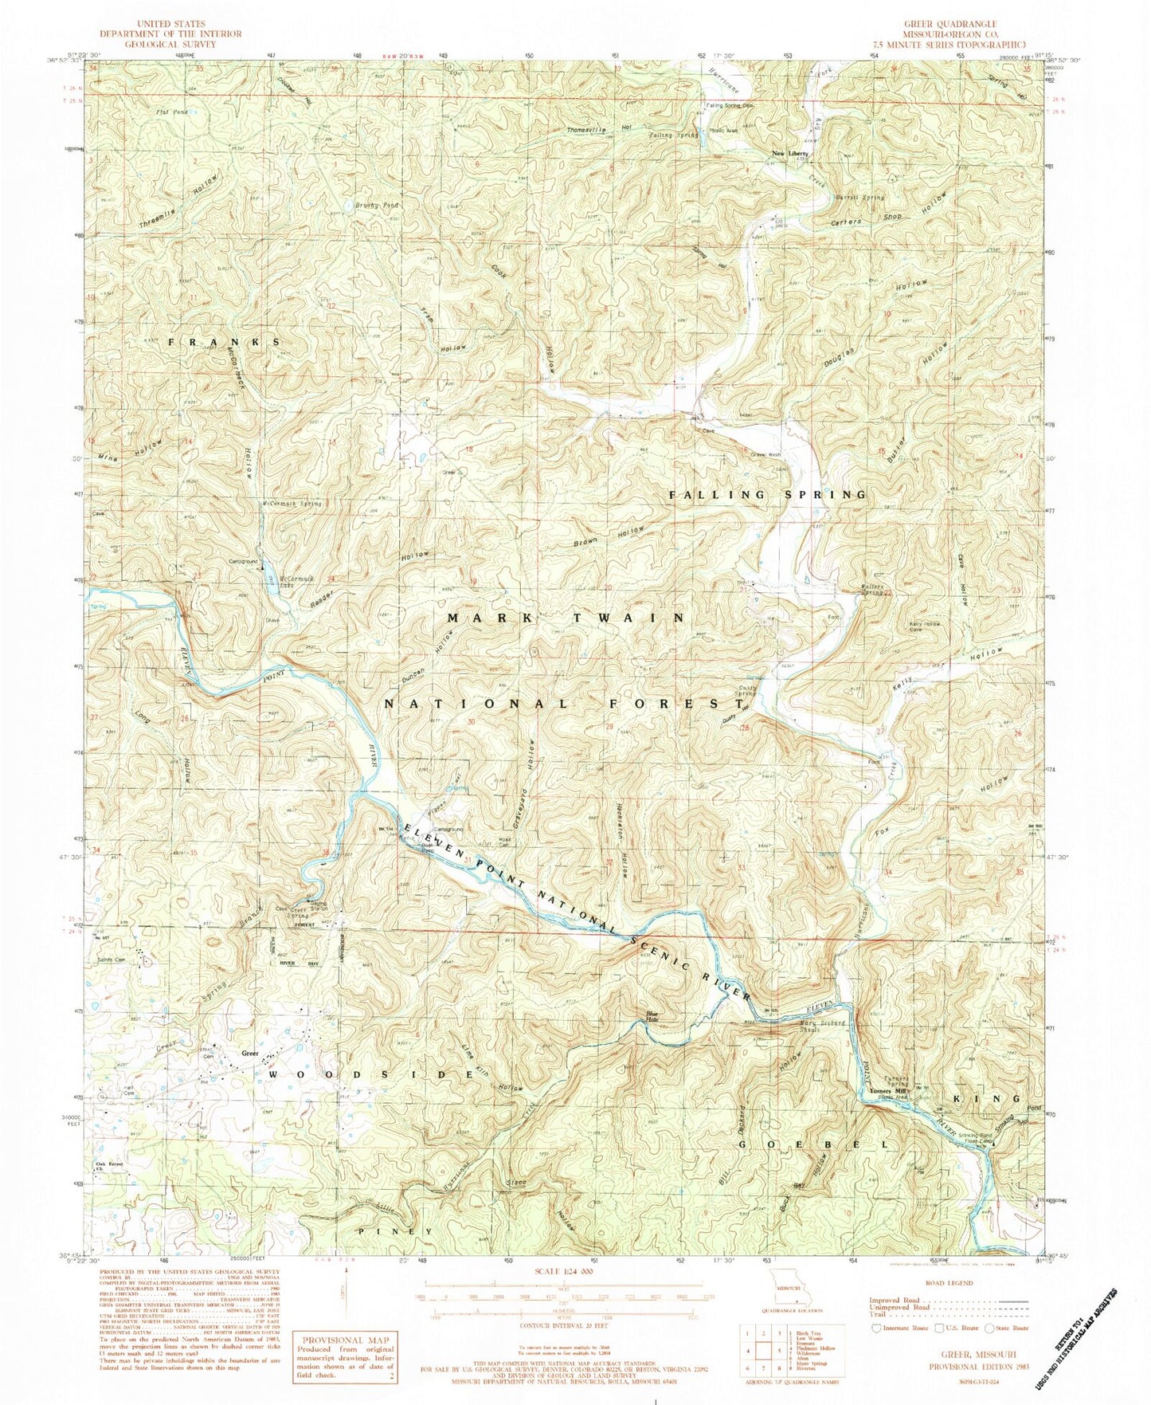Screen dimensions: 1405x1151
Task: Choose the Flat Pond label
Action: point(171,112)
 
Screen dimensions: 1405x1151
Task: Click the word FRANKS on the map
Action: point(224,341)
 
